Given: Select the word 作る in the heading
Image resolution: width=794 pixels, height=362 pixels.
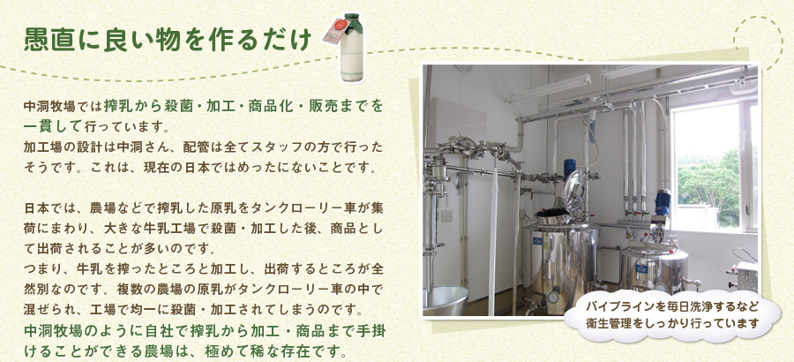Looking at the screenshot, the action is [221, 40].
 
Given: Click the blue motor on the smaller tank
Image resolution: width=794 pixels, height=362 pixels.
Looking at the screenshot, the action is [662, 202].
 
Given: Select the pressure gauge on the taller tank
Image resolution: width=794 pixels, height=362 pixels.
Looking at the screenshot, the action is [553, 297].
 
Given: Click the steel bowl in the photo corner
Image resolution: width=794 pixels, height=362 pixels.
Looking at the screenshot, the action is [446, 300].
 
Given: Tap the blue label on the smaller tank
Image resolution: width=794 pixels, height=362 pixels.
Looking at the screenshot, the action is [642, 268].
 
